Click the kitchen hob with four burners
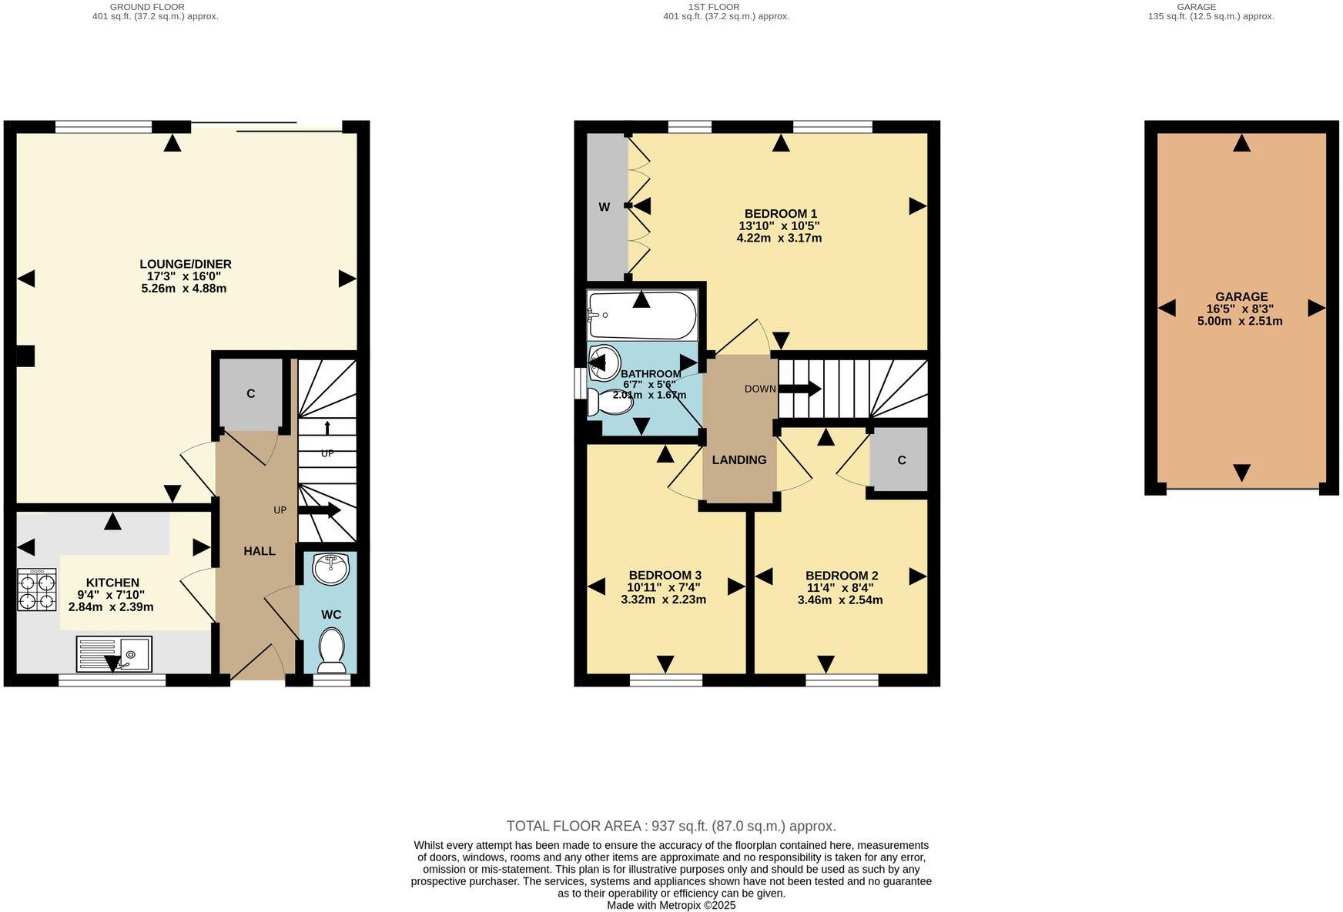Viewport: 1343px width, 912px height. [x=37, y=590]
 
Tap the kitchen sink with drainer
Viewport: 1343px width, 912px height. [x=114, y=654]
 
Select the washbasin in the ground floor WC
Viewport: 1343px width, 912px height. [x=331, y=569]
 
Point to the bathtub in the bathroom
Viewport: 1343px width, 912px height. [x=641, y=315]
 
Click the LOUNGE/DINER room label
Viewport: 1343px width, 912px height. [x=185, y=264]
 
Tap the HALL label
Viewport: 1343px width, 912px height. [x=260, y=551]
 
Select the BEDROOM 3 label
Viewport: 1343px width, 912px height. [x=665, y=575]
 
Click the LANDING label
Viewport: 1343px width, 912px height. [x=738, y=460]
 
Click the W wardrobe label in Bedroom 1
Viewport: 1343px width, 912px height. [x=605, y=207]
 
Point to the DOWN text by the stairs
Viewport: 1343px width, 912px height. [x=760, y=389]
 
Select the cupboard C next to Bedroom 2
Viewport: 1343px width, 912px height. [x=901, y=460]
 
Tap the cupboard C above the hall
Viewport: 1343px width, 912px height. [x=250, y=393]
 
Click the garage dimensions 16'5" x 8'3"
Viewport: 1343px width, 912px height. [x=1241, y=309]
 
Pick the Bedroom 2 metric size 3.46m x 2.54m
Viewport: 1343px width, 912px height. [x=840, y=600]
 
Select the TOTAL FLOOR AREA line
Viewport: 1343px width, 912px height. [x=671, y=826]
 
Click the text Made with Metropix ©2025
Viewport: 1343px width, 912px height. [x=671, y=905]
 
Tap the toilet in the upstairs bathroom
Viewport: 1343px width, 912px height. [x=609, y=402]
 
